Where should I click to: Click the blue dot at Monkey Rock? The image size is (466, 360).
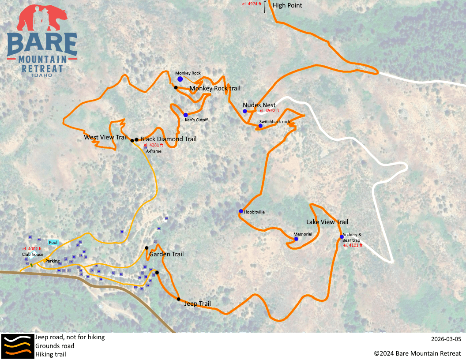(x=180, y=79)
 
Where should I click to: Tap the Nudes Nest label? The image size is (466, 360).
(x=259, y=105)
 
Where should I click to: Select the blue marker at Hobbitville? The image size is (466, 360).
(x=241, y=211)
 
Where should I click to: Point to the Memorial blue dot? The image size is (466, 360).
(x=296, y=239)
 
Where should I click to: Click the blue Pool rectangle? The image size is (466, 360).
(x=53, y=243)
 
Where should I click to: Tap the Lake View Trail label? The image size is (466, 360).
(x=327, y=222)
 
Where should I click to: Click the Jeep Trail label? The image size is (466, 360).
(x=197, y=304)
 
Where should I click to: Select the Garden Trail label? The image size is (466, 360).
(x=166, y=254)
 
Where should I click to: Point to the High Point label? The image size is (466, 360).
(x=287, y=5)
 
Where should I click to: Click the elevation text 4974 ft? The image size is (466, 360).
(x=252, y=4)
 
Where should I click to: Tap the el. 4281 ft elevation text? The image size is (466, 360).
(x=153, y=145)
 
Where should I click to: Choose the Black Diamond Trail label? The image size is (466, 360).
(x=168, y=139)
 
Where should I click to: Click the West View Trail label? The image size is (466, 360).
(x=105, y=137)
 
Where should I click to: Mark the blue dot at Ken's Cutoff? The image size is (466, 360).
(x=186, y=115)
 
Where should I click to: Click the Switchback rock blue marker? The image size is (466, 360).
(x=260, y=126)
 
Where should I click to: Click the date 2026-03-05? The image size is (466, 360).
(x=446, y=339)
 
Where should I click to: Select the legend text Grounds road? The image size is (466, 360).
(x=55, y=346)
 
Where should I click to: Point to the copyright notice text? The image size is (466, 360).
(x=417, y=353)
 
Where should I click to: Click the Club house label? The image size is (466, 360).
(x=33, y=255)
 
